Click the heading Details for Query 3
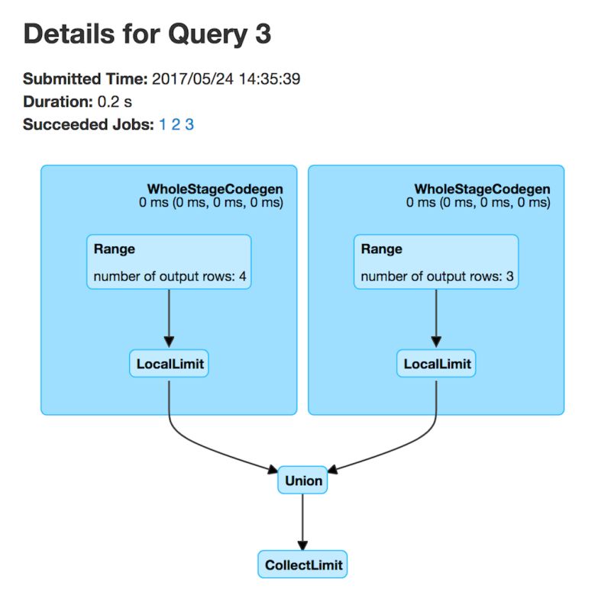tap(147, 34)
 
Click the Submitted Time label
tap(86, 79)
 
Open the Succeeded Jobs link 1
tap(163, 124)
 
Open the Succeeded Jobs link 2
tap(176, 124)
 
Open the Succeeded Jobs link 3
tap(189, 124)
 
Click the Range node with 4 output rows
tap(169, 262)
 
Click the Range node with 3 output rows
tap(436, 262)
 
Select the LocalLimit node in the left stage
tap(170, 364)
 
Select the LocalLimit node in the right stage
tap(436, 364)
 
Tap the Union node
tap(303, 481)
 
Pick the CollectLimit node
tap(303, 565)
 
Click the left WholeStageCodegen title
tap(215, 188)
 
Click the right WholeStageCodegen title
tap(482, 188)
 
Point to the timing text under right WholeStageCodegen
tap(478, 203)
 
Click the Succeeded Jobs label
tap(88, 124)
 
